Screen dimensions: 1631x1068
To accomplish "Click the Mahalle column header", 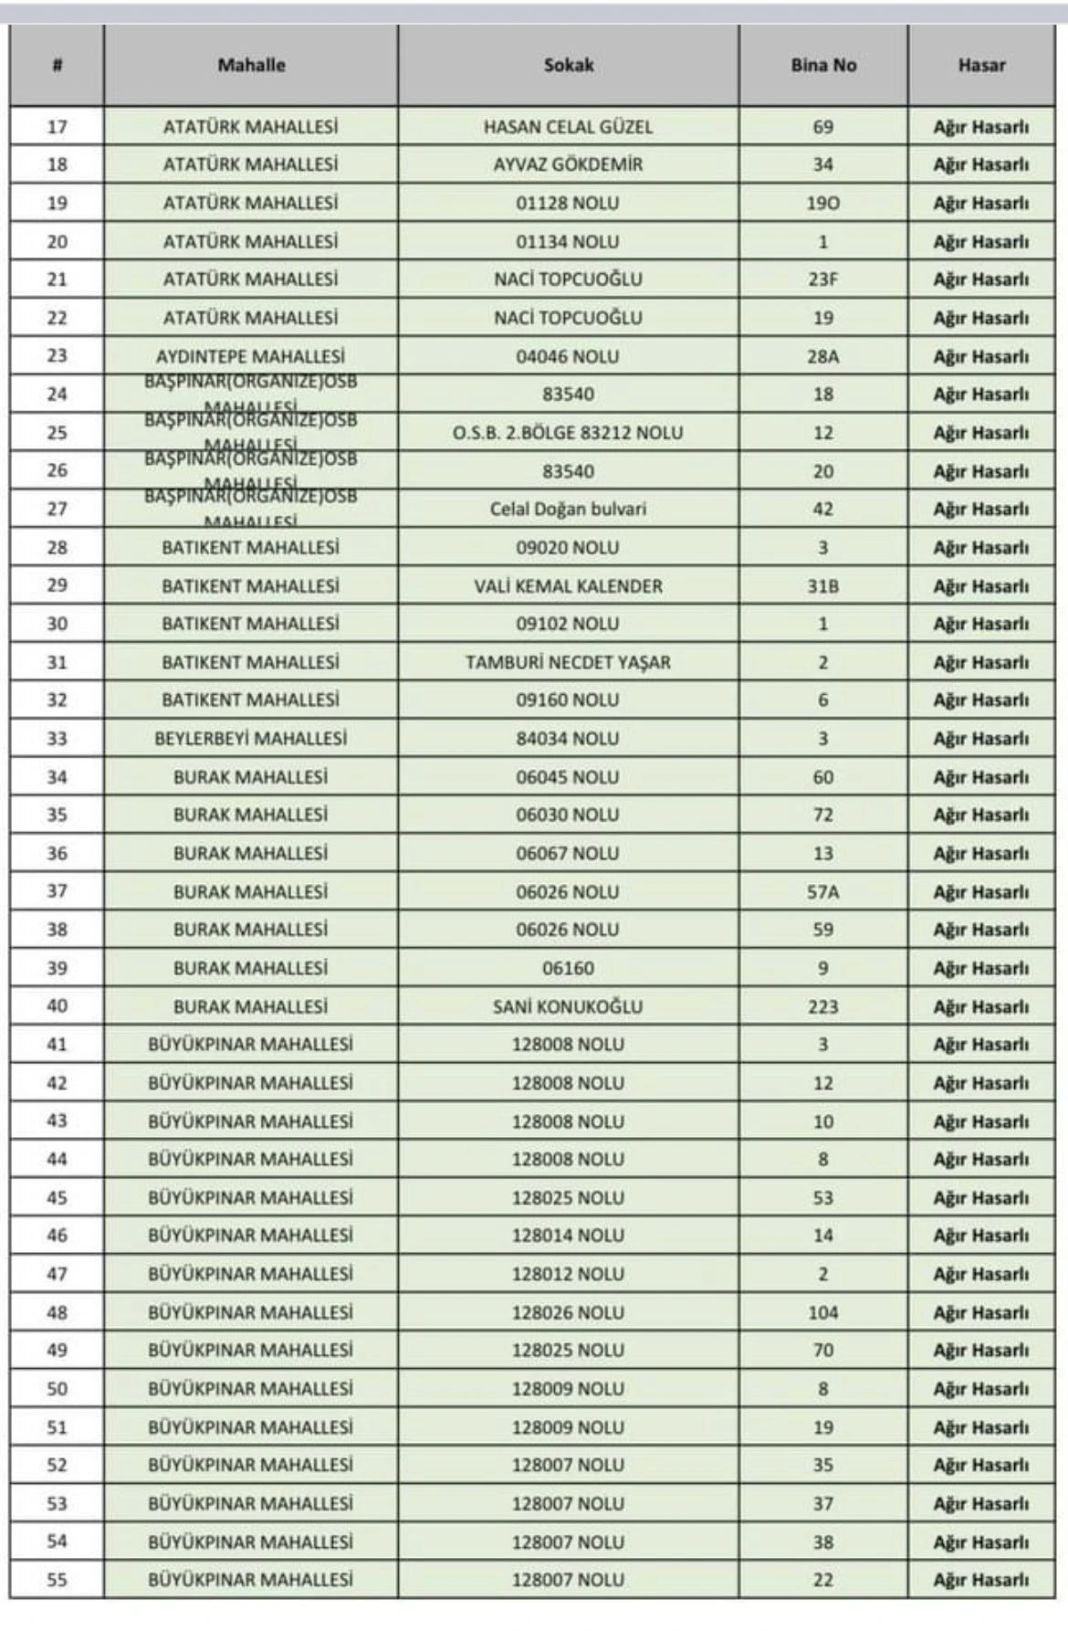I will coord(251,66).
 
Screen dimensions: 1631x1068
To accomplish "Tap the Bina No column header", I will coord(823,66).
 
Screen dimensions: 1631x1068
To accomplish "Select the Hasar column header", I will coord(981,66).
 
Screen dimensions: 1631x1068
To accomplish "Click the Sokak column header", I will coord(569,66).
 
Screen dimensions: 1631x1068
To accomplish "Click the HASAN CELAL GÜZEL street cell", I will coord(568,127).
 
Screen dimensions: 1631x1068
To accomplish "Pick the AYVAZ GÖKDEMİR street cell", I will coord(568,165).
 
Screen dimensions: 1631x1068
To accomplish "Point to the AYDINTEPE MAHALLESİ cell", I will coord(250,356).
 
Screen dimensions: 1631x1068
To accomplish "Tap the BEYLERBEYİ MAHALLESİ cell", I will coord(250,739).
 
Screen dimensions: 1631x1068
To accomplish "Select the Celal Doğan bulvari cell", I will coord(568,510).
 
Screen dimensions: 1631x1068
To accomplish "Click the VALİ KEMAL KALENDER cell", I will coord(568,586).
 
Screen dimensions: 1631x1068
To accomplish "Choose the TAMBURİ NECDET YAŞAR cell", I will coord(568,663).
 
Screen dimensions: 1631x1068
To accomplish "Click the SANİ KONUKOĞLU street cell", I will coord(568,1006).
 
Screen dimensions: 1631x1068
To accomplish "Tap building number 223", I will coord(822,1006).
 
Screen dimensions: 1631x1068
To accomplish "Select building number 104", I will coord(822,1312).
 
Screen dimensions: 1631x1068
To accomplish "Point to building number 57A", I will coord(822,892).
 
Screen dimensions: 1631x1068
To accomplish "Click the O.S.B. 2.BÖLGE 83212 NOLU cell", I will coord(568,433).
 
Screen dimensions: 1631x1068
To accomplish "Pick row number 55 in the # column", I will coord(57,1580).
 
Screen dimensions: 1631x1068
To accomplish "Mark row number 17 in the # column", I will coord(57,127).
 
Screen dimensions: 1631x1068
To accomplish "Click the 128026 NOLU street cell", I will coord(568,1312).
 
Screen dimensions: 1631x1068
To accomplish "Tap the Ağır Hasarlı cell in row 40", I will coord(980,1006).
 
